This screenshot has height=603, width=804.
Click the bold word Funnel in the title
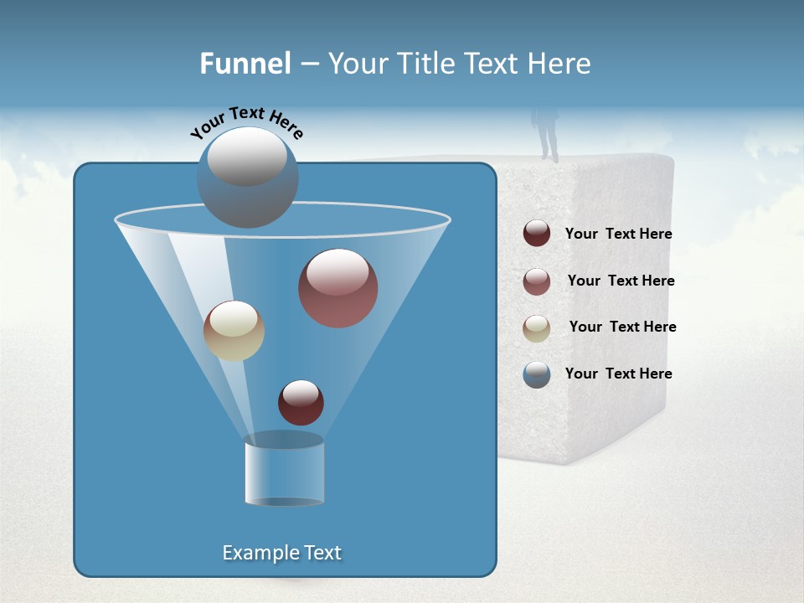245,64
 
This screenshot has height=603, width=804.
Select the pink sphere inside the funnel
338,288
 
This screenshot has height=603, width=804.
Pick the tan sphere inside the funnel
234,331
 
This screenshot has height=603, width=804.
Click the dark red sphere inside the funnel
301,402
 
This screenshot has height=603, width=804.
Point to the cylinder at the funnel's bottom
284,471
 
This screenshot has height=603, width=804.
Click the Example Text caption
281,553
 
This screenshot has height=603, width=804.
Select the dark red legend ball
537,234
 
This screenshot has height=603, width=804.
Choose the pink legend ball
537,281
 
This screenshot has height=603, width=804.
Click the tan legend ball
537,328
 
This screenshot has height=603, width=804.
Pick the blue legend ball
537,374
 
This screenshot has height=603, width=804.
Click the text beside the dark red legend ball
618,234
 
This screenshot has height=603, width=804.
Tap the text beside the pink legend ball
621,281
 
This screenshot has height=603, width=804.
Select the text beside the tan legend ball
622,327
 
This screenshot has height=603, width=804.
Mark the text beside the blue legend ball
618,374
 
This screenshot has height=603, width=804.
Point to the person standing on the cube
548,132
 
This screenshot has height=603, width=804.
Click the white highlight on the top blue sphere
247,157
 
